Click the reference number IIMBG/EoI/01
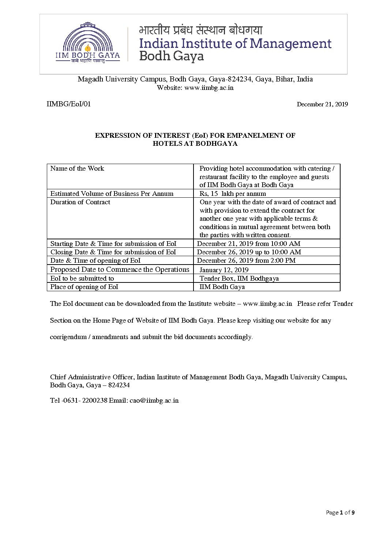pos(69,104)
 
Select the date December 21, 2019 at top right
pos(322,105)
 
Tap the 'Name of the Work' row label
pos(77,168)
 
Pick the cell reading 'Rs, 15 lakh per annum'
pos(233,194)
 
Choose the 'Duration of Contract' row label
pos(80,202)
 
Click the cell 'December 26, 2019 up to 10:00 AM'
pos(249,252)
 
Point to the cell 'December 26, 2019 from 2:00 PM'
pos(246,261)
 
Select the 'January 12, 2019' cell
pos(224,270)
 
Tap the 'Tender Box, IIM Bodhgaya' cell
pos(239,278)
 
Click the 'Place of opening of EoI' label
pos(84,287)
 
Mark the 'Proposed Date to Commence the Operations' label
pos(120,270)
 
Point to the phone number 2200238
pos(95,400)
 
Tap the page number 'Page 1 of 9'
pos(340,513)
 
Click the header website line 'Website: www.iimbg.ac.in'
pos(195,88)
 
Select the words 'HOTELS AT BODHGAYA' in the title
pos(195,144)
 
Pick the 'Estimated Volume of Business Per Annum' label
pos(112,194)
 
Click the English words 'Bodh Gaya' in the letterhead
pos(172,56)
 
